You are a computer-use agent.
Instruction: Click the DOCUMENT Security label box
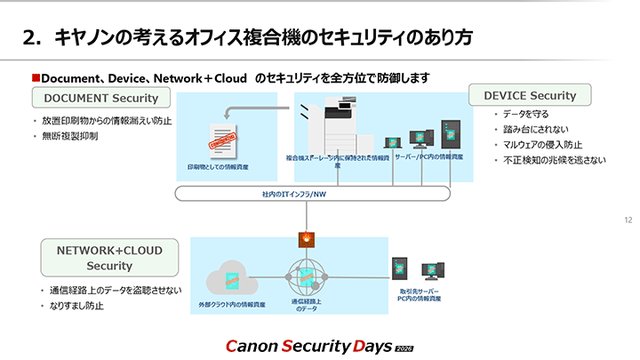click(x=100, y=98)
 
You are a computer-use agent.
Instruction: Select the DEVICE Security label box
click(x=530, y=95)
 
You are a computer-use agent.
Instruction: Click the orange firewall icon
click(x=305, y=238)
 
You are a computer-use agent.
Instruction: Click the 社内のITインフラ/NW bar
click(x=305, y=193)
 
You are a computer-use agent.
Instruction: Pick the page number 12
click(x=628, y=220)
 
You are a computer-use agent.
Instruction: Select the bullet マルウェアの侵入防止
click(x=543, y=145)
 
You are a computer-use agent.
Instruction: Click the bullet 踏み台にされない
click(x=534, y=130)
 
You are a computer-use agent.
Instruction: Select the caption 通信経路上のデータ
click(x=305, y=304)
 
